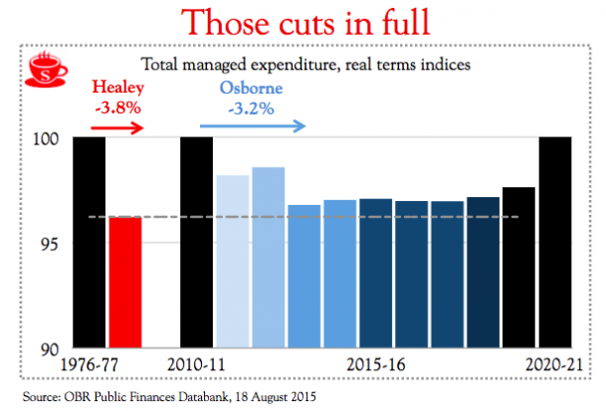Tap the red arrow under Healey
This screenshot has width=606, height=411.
[117, 126]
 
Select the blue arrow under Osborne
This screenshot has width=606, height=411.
[252, 126]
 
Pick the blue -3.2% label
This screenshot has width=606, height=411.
[254, 108]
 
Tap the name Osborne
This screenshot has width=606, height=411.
[253, 90]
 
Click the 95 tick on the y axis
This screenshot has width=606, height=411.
[54, 243]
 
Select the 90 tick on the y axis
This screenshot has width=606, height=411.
[54, 348]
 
